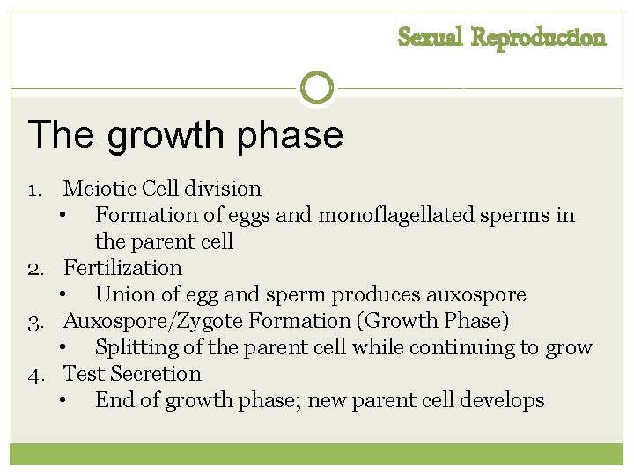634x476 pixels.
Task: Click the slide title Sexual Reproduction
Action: point(502,38)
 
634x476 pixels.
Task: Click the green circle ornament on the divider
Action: point(317,87)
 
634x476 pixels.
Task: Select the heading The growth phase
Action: point(186,135)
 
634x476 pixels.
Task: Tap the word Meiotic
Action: point(98,189)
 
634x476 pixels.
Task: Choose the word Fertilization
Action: point(122,268)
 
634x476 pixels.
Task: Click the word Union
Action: point(122,294)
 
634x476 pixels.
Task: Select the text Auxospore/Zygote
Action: point(144,321)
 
